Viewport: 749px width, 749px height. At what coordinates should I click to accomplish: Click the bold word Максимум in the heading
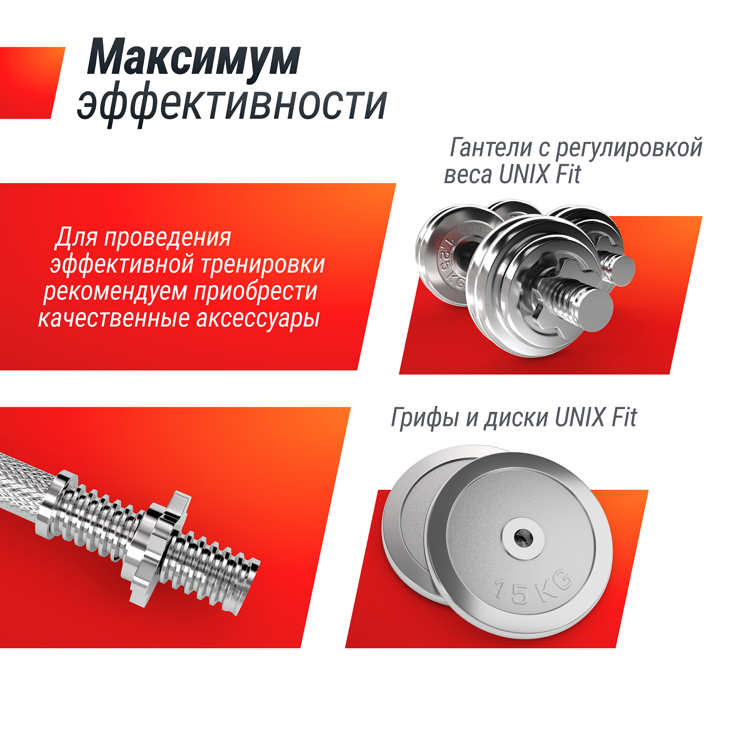point(194,59)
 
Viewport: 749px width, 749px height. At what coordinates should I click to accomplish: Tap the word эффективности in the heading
point(232,104)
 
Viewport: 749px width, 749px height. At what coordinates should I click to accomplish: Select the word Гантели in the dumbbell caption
point(491,148)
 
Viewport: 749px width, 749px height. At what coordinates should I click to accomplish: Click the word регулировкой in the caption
point(629,149)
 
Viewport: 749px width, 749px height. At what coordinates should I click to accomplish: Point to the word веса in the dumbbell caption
point(467,175)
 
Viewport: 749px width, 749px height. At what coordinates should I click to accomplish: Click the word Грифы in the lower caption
point(424,418)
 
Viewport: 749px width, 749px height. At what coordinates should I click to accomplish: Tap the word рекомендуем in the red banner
point(115,292)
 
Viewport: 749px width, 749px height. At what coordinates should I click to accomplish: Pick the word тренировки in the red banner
point(263,265)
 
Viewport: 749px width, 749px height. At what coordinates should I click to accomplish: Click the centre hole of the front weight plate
point(522,538)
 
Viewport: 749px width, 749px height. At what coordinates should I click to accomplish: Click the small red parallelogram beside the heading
point(30,83)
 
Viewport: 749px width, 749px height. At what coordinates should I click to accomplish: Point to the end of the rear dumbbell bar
point(621,270)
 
